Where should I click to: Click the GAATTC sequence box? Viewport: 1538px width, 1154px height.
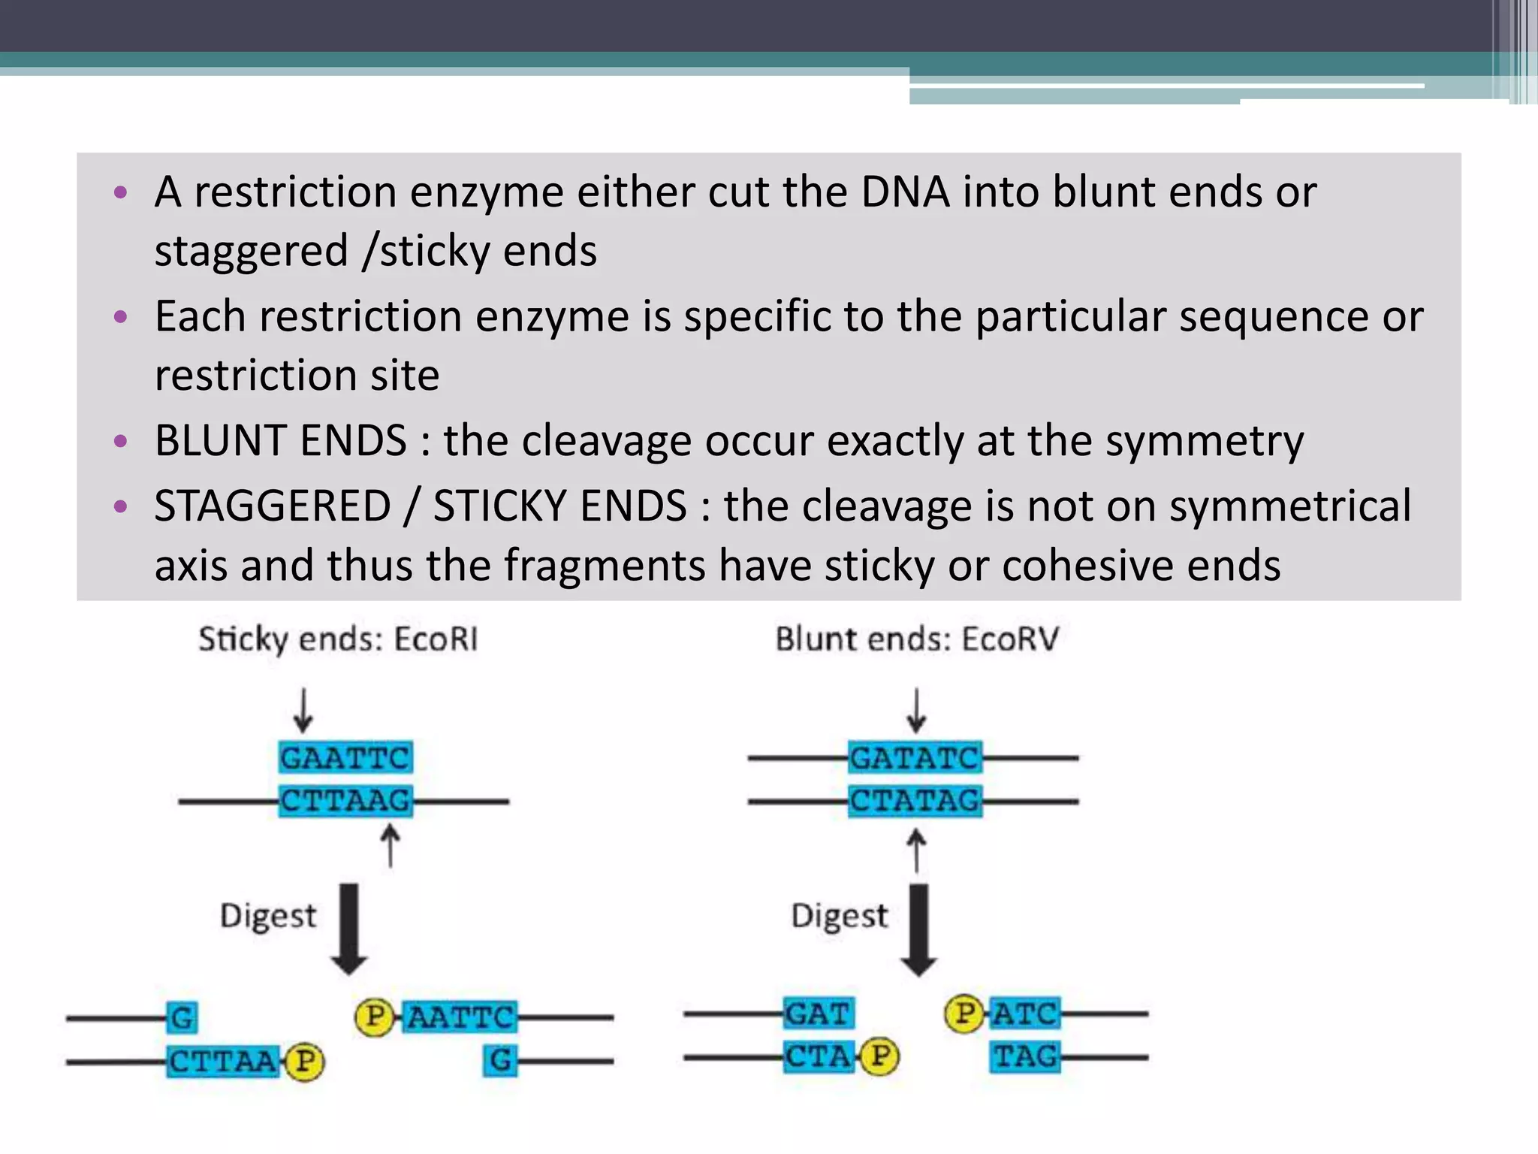[x=345, y=757]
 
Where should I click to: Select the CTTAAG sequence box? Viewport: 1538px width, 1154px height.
[x=345, y=801]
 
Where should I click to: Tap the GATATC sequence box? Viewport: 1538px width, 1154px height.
[x=915, y=757]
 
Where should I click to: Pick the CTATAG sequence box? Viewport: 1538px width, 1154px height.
[x=915, y=801]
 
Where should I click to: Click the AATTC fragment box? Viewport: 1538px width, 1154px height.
[x=460, y=1017]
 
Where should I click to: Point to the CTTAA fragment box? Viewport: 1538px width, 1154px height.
[x=223, y=1062]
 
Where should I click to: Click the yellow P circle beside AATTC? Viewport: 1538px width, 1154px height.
[x=373, y=1017]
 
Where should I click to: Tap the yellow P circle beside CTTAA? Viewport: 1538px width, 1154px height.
[x=305, y=1062]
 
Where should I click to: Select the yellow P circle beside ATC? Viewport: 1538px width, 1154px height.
[x=964, y=1014]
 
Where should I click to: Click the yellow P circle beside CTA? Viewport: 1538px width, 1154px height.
[x=880, y=1057]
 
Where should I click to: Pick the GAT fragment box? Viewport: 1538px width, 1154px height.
[x=818, y=1014]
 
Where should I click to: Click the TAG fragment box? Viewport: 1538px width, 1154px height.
[x=1025, y=1057]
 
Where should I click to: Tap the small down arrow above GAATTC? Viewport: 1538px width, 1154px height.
[x=303, y=710]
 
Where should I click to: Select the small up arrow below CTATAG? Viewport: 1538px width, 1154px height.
[x=916, y=850]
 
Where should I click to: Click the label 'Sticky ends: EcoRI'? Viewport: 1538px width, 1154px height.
[x=338, y=639]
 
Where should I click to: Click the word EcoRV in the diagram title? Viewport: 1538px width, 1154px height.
[x=1009, y=639]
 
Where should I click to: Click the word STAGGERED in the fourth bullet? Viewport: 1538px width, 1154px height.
[x=273, y=506]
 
